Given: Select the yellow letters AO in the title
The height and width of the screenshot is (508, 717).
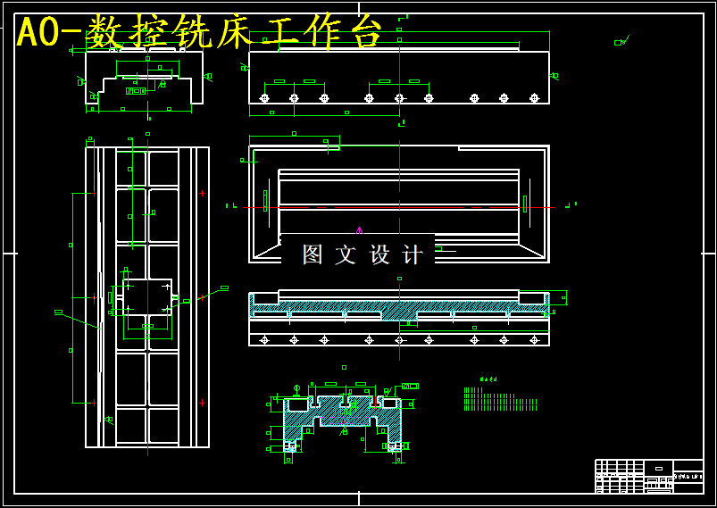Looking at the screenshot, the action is click(x=38, y=33).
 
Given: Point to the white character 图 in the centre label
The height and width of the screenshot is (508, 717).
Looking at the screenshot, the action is click(x=313, y=254).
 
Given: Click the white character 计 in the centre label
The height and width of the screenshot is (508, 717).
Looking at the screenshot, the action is click(x=413, y=254).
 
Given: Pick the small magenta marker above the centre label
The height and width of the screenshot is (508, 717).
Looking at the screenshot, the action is click(x=359, y=230).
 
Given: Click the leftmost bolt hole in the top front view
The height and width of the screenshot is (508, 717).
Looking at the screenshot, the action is click(x=264, y=98).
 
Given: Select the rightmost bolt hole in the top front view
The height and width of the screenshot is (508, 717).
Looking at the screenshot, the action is click(x=534, y=98).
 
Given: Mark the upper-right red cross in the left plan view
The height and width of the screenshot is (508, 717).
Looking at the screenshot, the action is click(x=202, y=193).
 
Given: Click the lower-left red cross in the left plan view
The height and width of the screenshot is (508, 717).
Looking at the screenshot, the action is click(x=93, y=403).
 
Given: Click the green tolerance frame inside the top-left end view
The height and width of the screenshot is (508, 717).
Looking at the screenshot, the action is click(x=136, y=90).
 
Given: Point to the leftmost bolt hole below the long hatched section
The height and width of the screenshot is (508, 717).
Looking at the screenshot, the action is click(x=264, y=339).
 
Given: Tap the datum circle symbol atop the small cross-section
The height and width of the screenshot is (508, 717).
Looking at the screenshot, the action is click(x=296, y=387).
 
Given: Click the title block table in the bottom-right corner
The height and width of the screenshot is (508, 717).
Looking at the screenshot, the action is click(x=648, y=475).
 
